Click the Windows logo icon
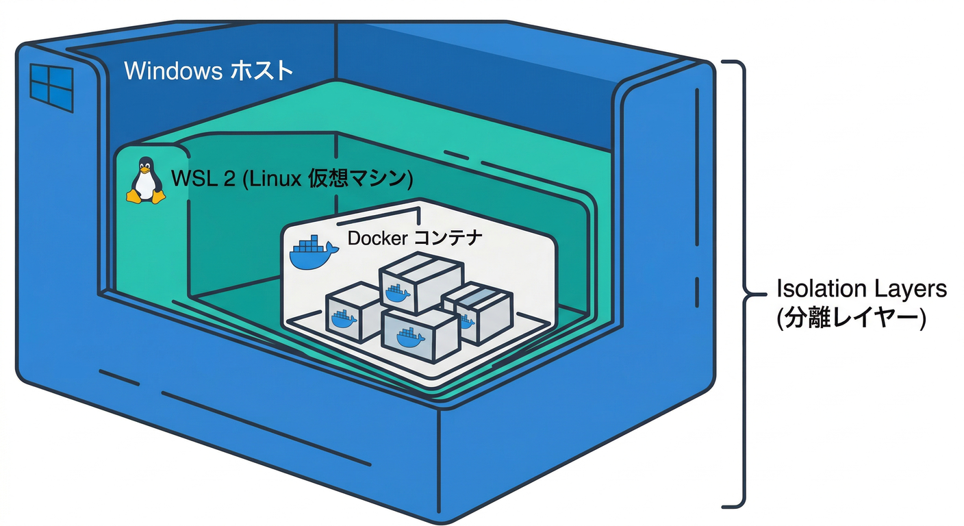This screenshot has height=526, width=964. coord(51,88)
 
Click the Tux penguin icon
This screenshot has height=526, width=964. coord(145,180)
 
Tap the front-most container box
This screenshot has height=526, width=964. coord(419,334)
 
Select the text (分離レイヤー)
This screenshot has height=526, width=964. coord(851,318)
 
